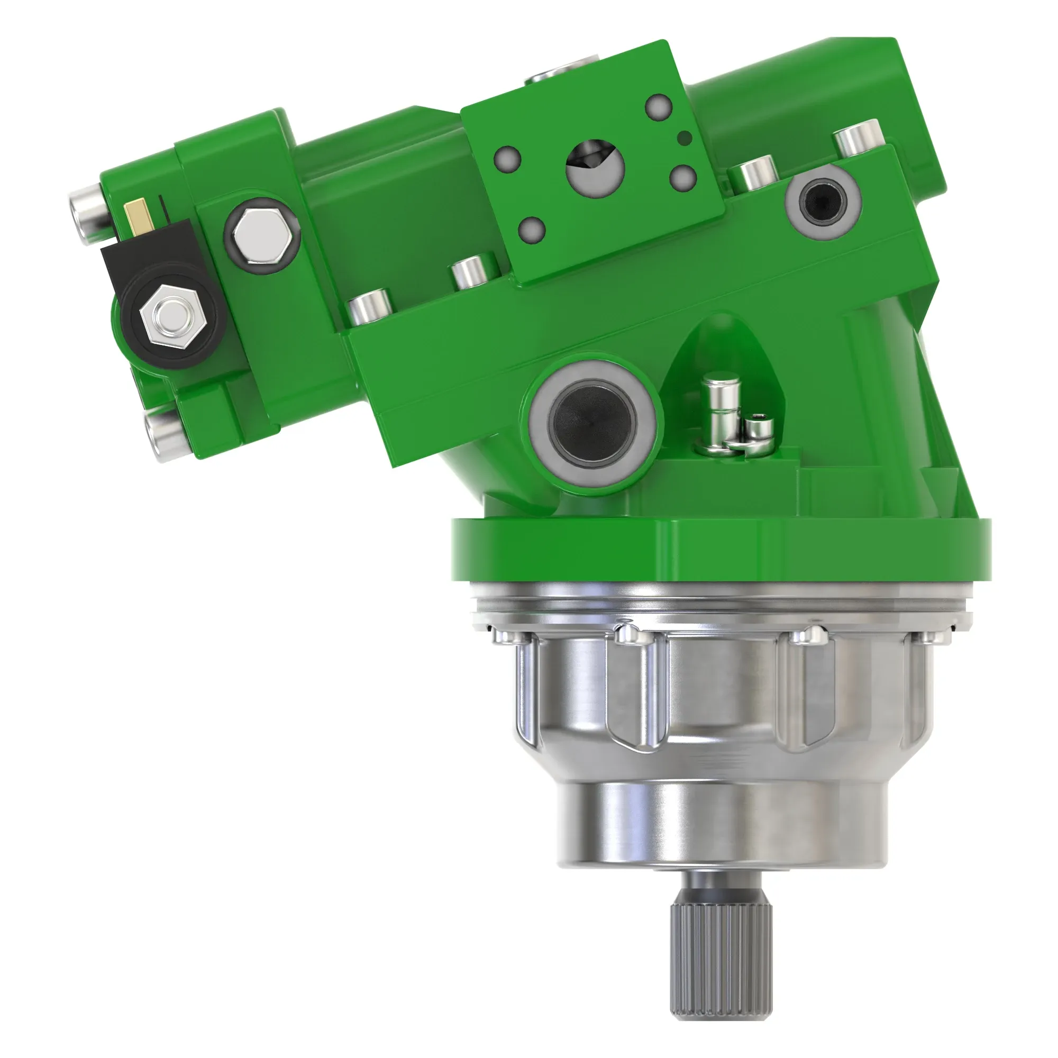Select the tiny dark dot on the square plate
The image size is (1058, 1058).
682,137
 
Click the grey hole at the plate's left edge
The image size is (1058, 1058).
507,158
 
